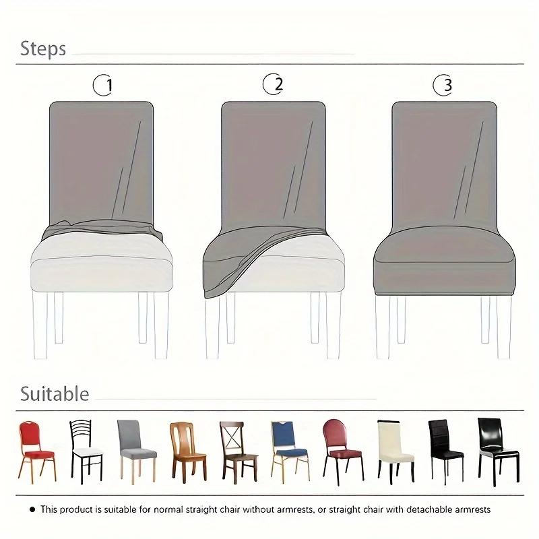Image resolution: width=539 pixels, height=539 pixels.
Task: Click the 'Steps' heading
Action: (42, 49)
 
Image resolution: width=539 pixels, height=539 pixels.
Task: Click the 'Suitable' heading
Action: (55, 393)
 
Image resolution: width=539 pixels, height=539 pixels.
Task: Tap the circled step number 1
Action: (104, 85)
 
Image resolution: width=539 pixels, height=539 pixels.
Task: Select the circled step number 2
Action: (274, 84)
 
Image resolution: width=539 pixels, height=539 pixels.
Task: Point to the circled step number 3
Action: (443, 85)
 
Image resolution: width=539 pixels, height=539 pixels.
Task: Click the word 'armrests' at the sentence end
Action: (472, 509)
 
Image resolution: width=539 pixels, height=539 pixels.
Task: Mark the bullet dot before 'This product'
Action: (31, 509)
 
